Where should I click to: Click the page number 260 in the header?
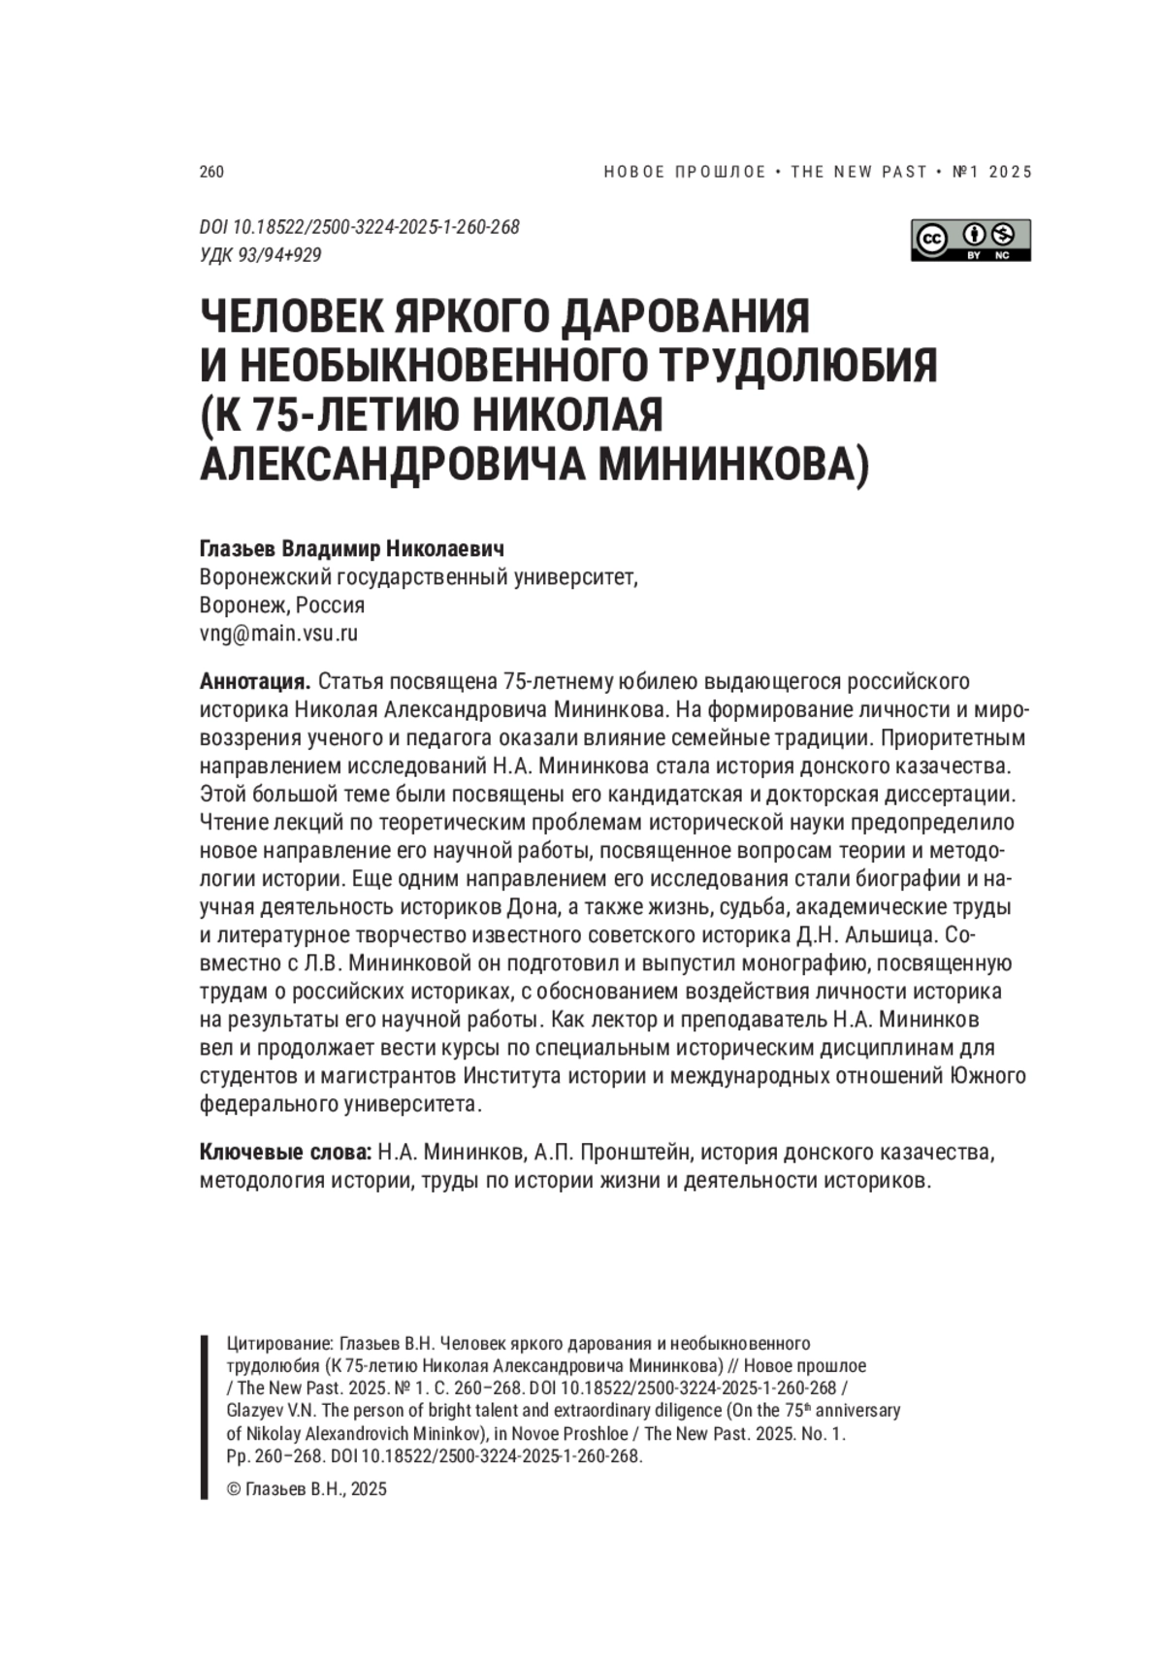tap(210, 172)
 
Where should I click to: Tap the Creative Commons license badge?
tap(970, 240)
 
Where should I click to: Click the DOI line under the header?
tap(359, 227)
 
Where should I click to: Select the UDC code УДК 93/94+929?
tap(260, 255)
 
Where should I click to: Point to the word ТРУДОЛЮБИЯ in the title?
tap(798, 366)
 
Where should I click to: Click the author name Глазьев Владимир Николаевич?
tap(352, 549)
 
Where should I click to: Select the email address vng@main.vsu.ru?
tap(278, 634)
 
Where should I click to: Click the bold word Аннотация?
tap(254, 681)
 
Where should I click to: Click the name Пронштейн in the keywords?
tap(636, 1153)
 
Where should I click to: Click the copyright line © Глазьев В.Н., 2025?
tap(306, 1489)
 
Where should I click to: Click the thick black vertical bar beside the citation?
tap(205, 1417)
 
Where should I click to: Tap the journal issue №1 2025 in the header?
tap(993, 172)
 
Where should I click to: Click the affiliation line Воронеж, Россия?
tap(281, 605)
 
